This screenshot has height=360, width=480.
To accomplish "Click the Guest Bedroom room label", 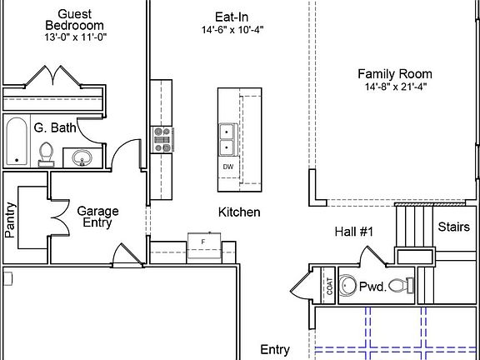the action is click(74, 20).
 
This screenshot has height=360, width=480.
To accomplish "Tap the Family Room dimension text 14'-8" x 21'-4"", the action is click(396, 87).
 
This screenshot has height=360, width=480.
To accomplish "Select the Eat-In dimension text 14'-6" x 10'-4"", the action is click(232, 30).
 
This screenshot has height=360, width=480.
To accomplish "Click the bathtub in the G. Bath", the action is click(17, 141).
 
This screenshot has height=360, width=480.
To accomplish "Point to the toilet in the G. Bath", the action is click(46, 155).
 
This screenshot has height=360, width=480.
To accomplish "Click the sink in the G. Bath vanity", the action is click(82, 157).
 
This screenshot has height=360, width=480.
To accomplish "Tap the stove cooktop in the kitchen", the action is click(162, 140).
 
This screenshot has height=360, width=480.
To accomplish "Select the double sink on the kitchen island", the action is click(227, 140).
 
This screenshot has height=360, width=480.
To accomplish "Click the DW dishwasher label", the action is click(228, 167).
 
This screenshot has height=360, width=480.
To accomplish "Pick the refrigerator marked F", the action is click(204, 246).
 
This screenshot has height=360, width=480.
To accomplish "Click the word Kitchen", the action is click(239, 212).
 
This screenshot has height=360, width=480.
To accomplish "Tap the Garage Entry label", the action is click(97, 217).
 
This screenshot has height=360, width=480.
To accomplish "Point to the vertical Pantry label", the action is click(10, 220).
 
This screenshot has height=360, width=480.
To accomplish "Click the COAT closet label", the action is click(329, 286).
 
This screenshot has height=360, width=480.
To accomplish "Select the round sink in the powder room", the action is click(348, 286).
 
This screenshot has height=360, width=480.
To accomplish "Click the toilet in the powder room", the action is click(402, 285).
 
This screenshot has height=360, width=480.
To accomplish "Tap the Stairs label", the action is click(453, 227).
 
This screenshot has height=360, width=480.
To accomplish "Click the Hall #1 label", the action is click(354, 232).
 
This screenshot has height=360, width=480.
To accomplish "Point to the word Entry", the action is click(275, 349).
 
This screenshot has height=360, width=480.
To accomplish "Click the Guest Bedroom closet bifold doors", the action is click(53, 76).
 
